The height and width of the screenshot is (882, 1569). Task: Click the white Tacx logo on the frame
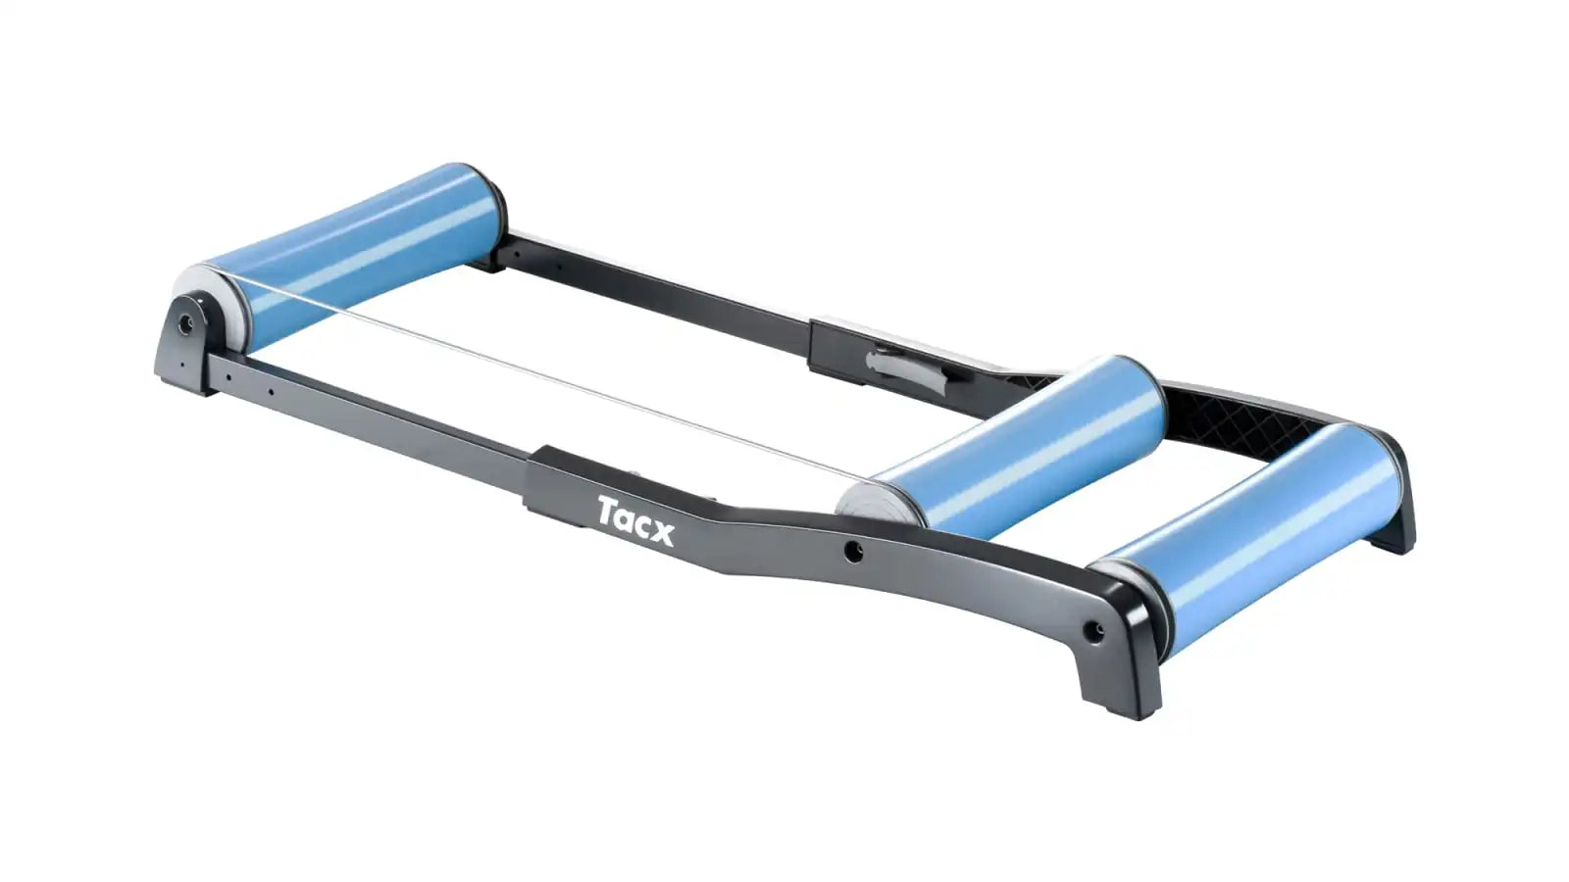635,520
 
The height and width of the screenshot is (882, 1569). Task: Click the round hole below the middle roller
852,552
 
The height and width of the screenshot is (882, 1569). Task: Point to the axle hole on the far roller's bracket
185,323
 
